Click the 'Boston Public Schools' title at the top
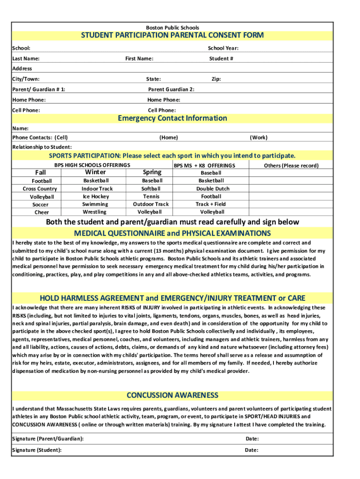coord(173,28)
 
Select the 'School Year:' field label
coord(223,48)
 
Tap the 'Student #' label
coord(221,58)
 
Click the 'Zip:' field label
coord(216,79)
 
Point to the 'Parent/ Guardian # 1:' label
coord(39,89)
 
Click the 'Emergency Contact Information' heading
coord(173,118)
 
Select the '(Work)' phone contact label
coord(259,138)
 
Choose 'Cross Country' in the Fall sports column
coord(40,189)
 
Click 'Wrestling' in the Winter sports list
coord(95,212)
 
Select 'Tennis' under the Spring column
coord(152,196)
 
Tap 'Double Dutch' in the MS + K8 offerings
coord(213,189)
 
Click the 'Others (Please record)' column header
coord(291,166)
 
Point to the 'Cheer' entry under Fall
coord(41,212)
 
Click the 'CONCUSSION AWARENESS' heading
coord(173,395)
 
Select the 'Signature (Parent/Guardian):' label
coord(48,439)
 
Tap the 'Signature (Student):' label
coord(37,450)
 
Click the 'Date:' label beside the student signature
coord(252,450)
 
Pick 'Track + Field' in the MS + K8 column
coord(210,204)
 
